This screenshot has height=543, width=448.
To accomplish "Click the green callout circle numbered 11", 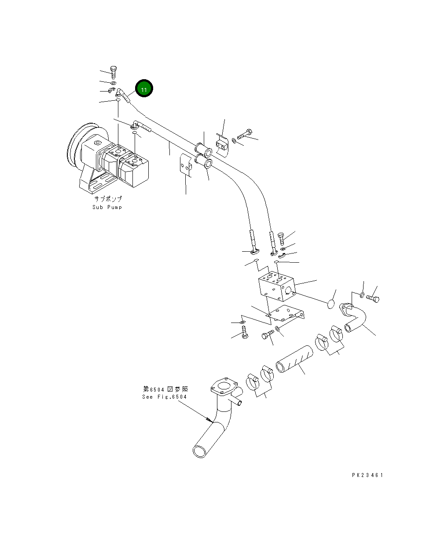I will coord(143,89).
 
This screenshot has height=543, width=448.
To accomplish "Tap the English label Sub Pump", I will coord(107,207).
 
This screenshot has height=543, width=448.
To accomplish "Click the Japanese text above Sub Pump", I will coord(108,199).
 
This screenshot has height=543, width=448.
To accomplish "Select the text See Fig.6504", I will coord(164,397).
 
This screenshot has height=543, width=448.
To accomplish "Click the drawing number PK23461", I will coord(367,475).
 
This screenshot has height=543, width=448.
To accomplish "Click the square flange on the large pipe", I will coord(224,387).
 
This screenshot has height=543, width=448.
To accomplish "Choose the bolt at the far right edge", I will coord(373,298).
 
